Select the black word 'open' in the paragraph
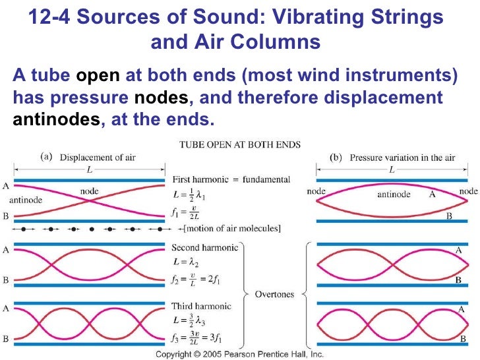click(98, 76)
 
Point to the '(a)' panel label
click(47, 158)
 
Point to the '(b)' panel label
click(336, 158)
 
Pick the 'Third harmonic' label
click(201, 306)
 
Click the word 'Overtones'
click(276, 295)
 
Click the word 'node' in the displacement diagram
click(90, 191)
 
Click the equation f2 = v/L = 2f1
click(206, 280)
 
